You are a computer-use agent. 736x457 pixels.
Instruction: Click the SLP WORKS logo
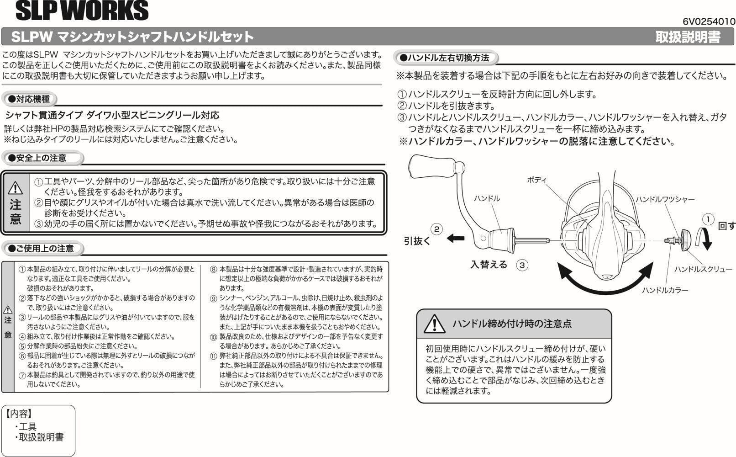[x=82, y=11]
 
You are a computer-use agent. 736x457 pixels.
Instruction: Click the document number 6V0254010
[x=709, y=21]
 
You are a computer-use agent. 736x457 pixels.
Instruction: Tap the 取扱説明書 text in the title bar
[x=688, y=37]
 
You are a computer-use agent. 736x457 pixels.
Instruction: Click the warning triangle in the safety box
[x=16, y=188]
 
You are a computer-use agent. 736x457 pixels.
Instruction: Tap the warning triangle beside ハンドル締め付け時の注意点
[x=434, y=324]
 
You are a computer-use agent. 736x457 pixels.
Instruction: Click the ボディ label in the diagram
[x=536, y=180]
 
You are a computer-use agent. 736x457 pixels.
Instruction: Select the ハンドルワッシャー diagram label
[x=665, y=199]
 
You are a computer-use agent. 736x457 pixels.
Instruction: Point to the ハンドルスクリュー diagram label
[x=703, y=269]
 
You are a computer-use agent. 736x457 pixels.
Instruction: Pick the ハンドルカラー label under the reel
[x=665, y=290]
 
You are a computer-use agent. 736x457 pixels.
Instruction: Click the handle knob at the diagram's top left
[x=431, y=167]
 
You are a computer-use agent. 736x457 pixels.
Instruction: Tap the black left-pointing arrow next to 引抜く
[x=455, y=238]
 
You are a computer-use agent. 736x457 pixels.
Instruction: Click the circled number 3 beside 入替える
[x=522, y=265]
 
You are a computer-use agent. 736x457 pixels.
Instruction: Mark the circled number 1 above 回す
[x=708, y=219]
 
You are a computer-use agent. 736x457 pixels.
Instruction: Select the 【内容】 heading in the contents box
[x=19, y=414]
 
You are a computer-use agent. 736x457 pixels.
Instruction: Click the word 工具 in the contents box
[x=28, y=426]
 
